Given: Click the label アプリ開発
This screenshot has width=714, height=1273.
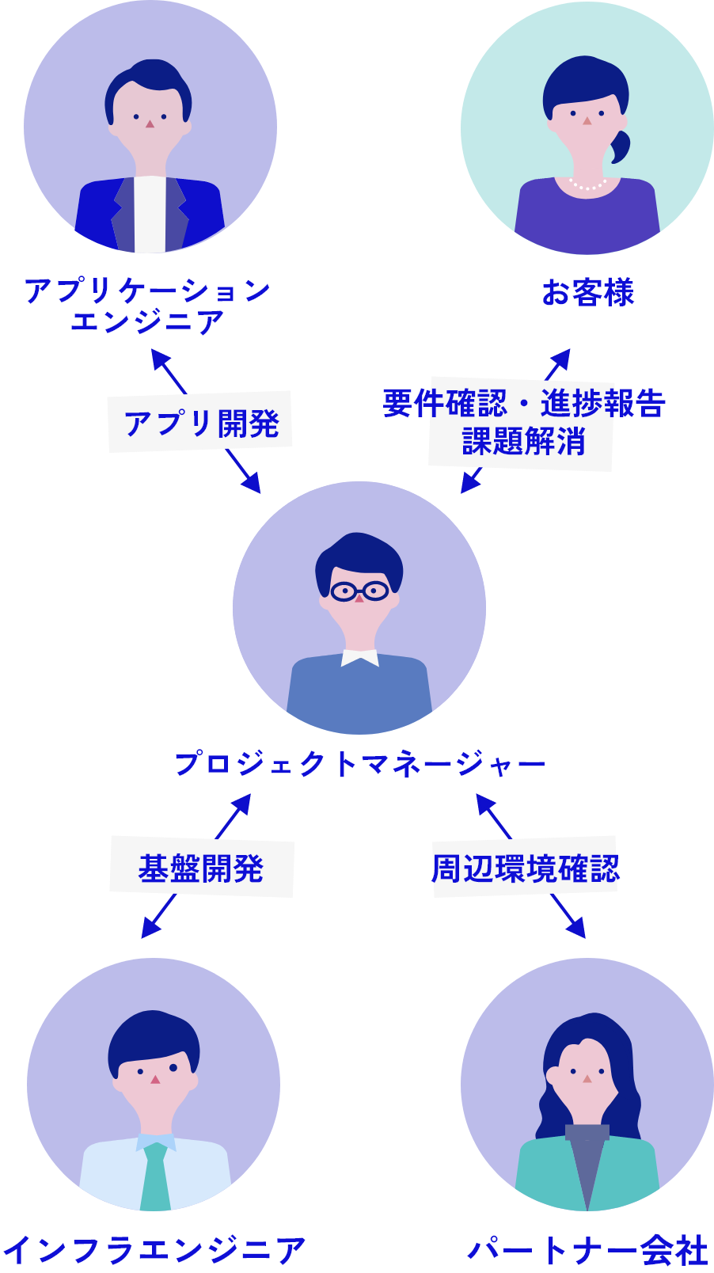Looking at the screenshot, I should click(x=201, y=424).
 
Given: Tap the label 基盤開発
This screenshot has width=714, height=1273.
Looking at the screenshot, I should click(x=201, y=868).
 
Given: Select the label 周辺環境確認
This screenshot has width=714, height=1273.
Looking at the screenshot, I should click(x=525, y=868).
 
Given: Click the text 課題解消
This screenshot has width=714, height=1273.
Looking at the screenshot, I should click(x=523, y=441).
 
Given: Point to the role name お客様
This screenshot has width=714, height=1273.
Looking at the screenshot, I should click(x=587, y=292).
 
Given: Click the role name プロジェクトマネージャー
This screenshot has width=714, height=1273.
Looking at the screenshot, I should click(x=359, y=764).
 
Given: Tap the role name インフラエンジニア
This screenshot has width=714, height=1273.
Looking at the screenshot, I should click(x=154, y=1250).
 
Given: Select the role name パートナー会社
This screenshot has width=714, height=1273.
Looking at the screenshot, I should click(x=587, y=1250).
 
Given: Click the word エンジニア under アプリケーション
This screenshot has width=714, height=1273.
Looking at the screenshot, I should click(x=147, y=321).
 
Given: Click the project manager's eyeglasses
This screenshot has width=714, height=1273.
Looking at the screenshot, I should click(x=359, y=591).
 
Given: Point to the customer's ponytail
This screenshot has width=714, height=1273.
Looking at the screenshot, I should click(x=620, y=146).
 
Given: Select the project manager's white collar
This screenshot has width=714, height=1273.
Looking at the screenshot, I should click(x=359, y=658).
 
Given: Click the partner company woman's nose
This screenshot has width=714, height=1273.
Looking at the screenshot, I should click(x=587, y=1079).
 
